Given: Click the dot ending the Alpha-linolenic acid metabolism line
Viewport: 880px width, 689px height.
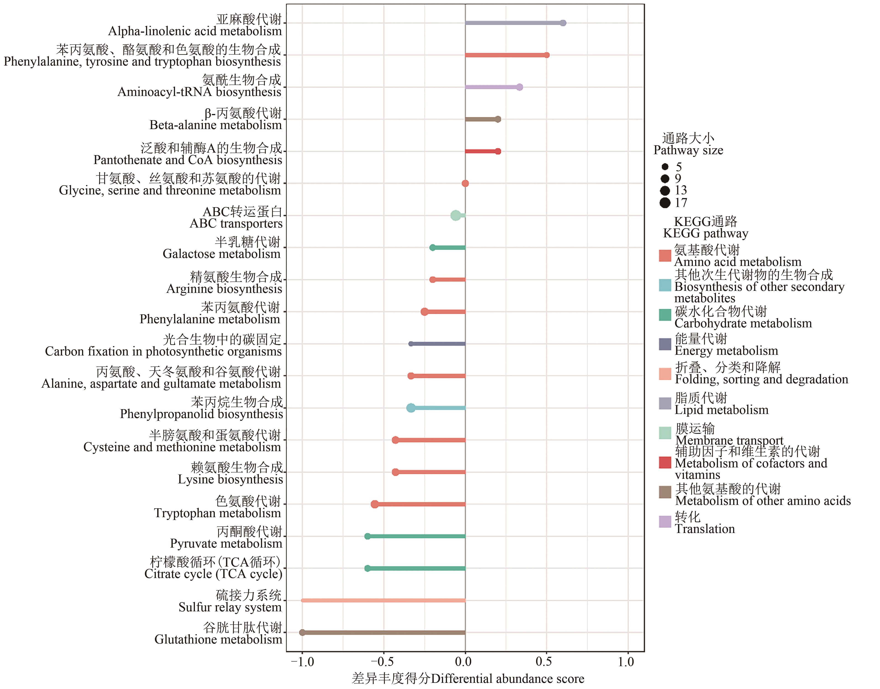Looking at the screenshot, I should [563, 23].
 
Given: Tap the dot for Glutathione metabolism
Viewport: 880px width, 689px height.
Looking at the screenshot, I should [302, 633].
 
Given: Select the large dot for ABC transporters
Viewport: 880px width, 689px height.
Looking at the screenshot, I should [455, 215].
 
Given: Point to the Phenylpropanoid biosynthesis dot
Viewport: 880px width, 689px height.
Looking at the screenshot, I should [411, 408].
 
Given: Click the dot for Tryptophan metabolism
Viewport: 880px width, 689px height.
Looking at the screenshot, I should [375, 504].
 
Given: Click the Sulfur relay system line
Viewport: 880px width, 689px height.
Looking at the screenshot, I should [383, 601].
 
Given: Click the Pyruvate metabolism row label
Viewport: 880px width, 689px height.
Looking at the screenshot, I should [226, 538].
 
